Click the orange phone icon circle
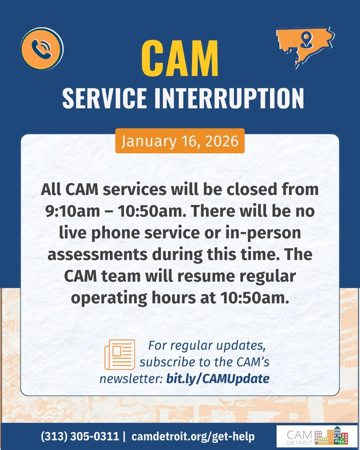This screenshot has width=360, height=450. tap(42, 49)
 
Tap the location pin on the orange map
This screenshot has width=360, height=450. tap(306, 40)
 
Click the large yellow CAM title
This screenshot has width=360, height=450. tap(180, 59)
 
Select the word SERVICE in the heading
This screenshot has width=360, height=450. tap(104, 98)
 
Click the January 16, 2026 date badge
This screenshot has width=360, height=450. tap(180, 141)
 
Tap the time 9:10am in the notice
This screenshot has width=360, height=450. tap(72, 211)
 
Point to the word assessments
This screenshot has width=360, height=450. tap(97, 254)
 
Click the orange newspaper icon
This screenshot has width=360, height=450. tap(120, 354)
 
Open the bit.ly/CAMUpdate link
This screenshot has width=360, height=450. tap(218, 379)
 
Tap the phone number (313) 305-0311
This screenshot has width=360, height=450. tap(80, 436)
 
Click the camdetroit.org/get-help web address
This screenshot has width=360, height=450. tap(193, 436)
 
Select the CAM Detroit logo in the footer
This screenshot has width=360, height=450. tap(317, 436)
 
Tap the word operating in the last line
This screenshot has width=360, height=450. tap(109, 298)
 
